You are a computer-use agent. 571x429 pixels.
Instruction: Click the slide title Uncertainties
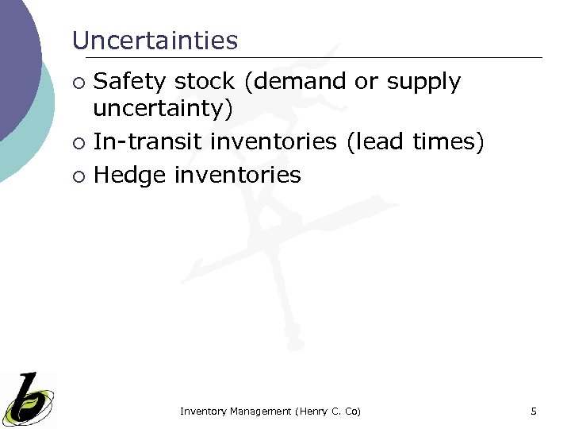155,41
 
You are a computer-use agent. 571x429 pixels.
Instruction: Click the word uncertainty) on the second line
163,110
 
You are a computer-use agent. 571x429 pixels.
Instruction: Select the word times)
449,142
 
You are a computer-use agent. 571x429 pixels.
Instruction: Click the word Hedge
129,176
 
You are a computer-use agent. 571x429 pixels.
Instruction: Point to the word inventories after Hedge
238,176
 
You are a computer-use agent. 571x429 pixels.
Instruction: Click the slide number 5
534,411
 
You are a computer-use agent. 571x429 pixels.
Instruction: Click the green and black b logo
29,399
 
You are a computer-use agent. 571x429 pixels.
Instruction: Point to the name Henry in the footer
312,411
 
